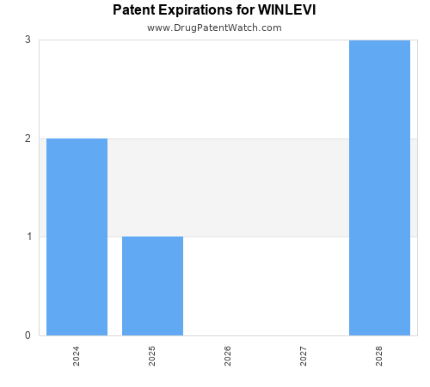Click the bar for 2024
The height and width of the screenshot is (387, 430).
77,236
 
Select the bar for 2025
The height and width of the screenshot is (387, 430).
152,286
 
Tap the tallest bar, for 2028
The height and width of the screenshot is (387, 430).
379,187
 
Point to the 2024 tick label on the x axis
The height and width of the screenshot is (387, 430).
77,356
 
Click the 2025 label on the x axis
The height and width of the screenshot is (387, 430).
152,356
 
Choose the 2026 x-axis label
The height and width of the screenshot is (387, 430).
228,356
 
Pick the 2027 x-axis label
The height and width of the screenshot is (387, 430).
304,356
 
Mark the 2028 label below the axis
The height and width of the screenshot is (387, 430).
379,356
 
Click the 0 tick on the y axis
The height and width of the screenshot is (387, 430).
28,335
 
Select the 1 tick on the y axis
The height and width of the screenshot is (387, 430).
28,236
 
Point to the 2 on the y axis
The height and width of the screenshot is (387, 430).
28,138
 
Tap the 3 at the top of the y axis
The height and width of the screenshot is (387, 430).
28,40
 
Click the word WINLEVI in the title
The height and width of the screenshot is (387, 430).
286,11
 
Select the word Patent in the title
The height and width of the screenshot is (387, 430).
134,11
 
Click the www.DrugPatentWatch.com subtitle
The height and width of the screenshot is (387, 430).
214,28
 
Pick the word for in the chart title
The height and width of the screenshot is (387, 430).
245,11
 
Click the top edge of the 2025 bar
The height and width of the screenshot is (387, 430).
152,236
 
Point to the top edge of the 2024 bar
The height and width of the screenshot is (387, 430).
77,138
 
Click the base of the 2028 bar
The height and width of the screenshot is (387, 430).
379,335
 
